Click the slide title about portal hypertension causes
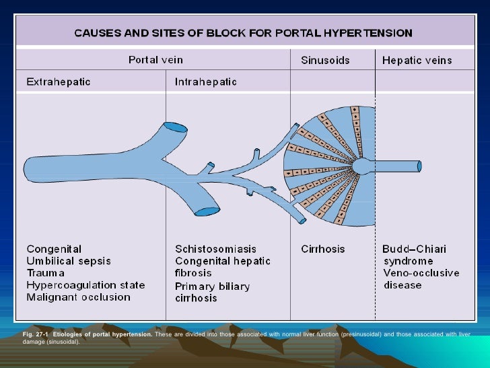(x=243, y=32)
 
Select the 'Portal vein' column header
(x=155, y=60)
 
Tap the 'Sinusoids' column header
(x=325, y=61)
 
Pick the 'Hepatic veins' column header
(x=417, y=61)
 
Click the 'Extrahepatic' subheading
(x=59, y=82)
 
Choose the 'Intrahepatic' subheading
(x=206, y=82)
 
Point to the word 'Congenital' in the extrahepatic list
(x=54, y=249)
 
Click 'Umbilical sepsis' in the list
(x=69, y=261)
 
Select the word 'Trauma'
(x=46, y=273)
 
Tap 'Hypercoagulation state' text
(x=85, y=285)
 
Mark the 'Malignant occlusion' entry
(x=79, y=297)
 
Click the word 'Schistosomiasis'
(x=215, y=249)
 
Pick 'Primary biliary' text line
(x=212, y=286)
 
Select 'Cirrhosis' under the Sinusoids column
(x=322, y=249)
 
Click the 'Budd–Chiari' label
(x=414, y=249)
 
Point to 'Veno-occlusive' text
(x=421, y=273)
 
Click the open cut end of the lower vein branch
(x=205, y=212)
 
